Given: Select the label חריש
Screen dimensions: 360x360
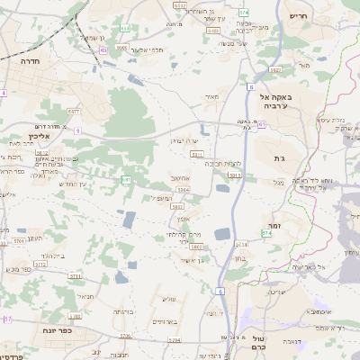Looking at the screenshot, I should (x=300, y=15).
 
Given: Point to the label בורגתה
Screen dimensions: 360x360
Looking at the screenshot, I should (x=123, y=311).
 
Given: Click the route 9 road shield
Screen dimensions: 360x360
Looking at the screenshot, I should (x=77, y=131).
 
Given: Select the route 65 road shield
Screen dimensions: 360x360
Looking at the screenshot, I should (x=104, y=51).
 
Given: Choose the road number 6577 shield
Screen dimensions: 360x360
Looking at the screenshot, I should (x=74, y=112).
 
